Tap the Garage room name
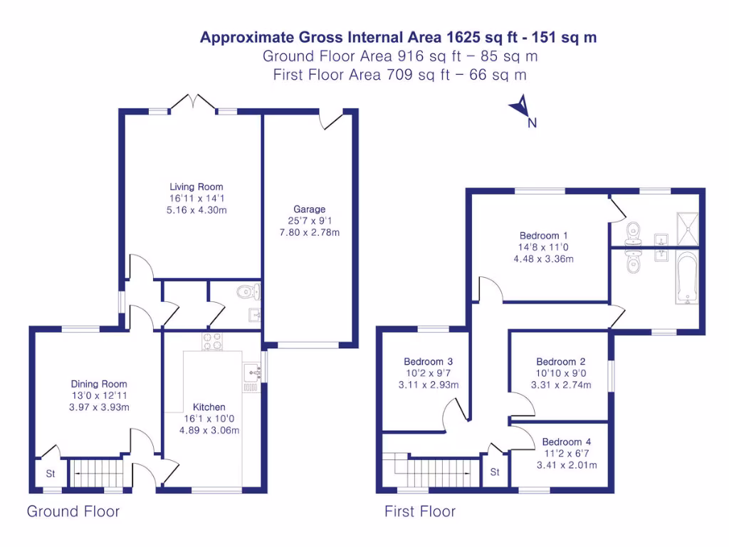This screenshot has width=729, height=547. click(x=310, y=209)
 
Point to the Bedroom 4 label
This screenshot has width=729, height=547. click(x=566, y=442)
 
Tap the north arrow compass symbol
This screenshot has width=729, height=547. click(x=520, y=108)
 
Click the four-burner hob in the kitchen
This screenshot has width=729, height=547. click(x=213, y=342)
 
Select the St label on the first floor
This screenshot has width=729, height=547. click(x=494, y=472)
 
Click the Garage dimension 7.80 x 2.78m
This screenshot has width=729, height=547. click(x=310, y=232)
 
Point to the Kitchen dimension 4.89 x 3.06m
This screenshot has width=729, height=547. click(x=209, y=430)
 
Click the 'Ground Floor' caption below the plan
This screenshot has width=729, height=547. click(x=73, y=511)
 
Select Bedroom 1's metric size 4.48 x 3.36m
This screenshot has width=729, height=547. click(x=543, y=259)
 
